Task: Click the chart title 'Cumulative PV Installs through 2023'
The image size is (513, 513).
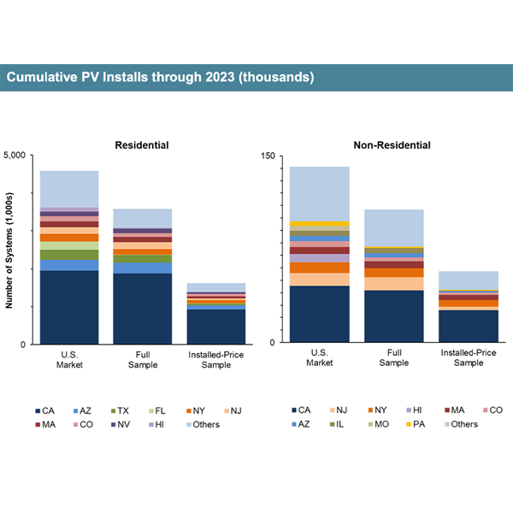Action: [160, 78]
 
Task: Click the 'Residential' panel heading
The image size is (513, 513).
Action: [142, 145]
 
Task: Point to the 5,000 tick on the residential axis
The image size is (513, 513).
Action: [20, 156]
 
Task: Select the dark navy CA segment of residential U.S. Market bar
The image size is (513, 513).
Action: [69, 307]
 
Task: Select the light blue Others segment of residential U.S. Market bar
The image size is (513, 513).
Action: [69, 189]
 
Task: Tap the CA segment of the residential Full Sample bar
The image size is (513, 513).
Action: [143, 309]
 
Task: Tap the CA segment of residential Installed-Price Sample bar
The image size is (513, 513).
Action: [216, 326]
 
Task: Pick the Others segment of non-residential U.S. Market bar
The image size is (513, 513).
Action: [320, 193]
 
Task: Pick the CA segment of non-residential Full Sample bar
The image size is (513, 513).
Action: [394, 316]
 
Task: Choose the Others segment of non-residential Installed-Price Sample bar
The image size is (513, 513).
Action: [469, 280]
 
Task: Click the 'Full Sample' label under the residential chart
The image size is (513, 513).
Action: [143, 358]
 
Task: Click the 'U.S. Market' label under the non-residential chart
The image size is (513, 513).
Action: [320, 358]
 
